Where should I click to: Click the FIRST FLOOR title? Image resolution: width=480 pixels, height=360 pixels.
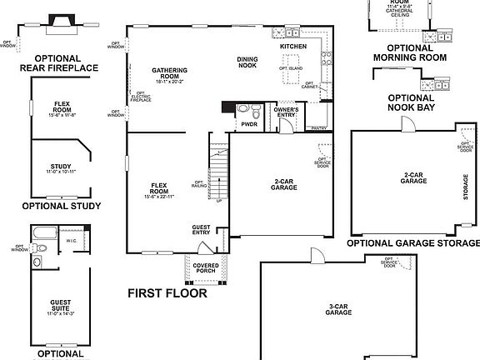pyautogui.click(x=167, y=293)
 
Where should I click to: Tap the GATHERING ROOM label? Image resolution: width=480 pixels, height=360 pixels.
pyautogui.click(x=169, y=75)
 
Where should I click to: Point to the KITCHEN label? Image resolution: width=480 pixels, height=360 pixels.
pyautogui.click(x=293, y=46)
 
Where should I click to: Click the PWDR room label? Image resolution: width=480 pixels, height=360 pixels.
pyautogui.click(x=249, y=124)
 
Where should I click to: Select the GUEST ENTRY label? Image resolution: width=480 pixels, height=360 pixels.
pyautogui.click(x=202, y=230)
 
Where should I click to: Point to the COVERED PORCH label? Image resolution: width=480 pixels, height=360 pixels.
pyautogui.click(x=206, y=267)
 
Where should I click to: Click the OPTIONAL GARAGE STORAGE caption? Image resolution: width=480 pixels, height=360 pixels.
pyautogui.click(x=413, y=243)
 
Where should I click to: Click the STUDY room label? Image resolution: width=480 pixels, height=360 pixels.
pyautogui.click(x=61, y=169)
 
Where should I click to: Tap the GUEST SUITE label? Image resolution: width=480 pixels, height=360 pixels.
pyautogui.click(x=59, y=307)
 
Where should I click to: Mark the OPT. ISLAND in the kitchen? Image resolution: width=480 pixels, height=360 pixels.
pyautogui.click(x=292, y=67)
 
